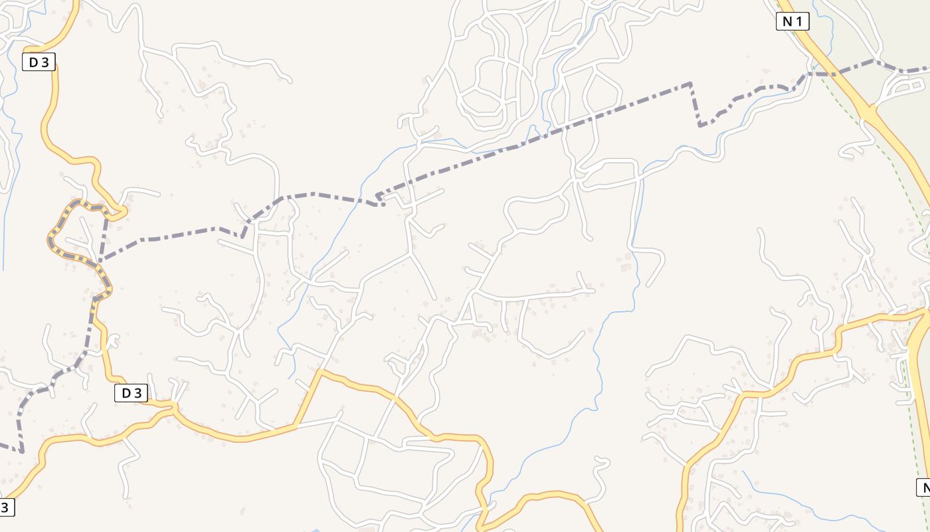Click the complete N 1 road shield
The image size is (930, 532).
coord(792,22)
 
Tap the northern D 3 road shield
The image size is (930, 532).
coord(39,63)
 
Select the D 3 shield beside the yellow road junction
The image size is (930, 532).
coord(131,393)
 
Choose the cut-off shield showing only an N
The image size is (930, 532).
coord(924,487)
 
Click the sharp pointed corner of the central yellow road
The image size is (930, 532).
coord(320,371)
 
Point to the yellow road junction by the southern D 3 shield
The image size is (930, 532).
coord(174,408)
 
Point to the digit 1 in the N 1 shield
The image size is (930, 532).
coord(799,22)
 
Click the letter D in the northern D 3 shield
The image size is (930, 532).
coord(33,63)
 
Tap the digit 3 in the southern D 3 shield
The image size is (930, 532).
coord(138,393)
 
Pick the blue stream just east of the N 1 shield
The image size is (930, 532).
coord(829,27)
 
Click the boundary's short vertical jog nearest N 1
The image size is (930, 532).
coord(695,104)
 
